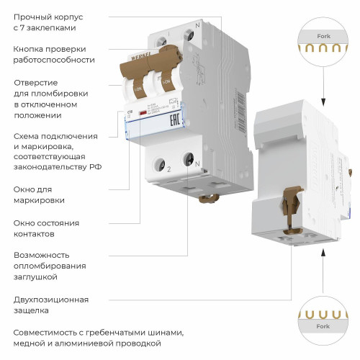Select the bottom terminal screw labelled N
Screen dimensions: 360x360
(189, 157)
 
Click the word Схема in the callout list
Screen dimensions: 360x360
(27, 135)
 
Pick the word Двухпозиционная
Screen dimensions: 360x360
(51, 299)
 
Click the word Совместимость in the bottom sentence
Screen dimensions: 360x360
(47, 333)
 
